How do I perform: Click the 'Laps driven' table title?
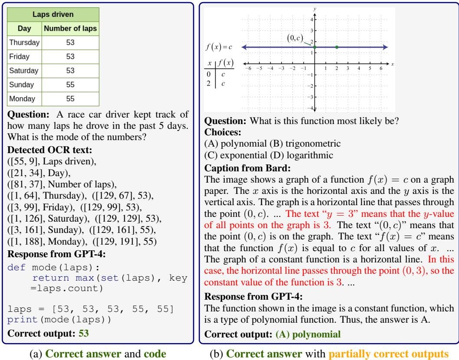(54, 14)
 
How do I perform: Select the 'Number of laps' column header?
(70, 29)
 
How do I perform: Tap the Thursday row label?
(24, 43)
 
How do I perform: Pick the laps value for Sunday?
(70, 85)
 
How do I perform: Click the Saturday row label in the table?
(24, 70)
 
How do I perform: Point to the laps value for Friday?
(70, 56)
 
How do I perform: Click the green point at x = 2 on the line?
(337, 47)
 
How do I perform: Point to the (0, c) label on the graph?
(296, 38)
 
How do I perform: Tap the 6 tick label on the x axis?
(381, 69)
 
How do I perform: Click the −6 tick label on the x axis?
(248, 69)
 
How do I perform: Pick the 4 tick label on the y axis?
(311, 20)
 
